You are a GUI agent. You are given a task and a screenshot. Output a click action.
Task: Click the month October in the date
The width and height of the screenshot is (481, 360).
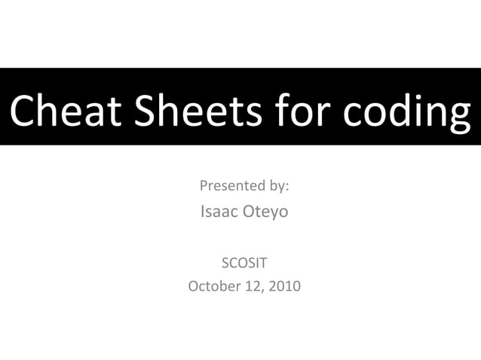[x=213, y=286]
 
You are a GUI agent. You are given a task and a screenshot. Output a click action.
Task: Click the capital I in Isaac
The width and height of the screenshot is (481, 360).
[x=202, y=212]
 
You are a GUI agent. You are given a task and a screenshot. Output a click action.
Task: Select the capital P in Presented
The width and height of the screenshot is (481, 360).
[x=203, y=185]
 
